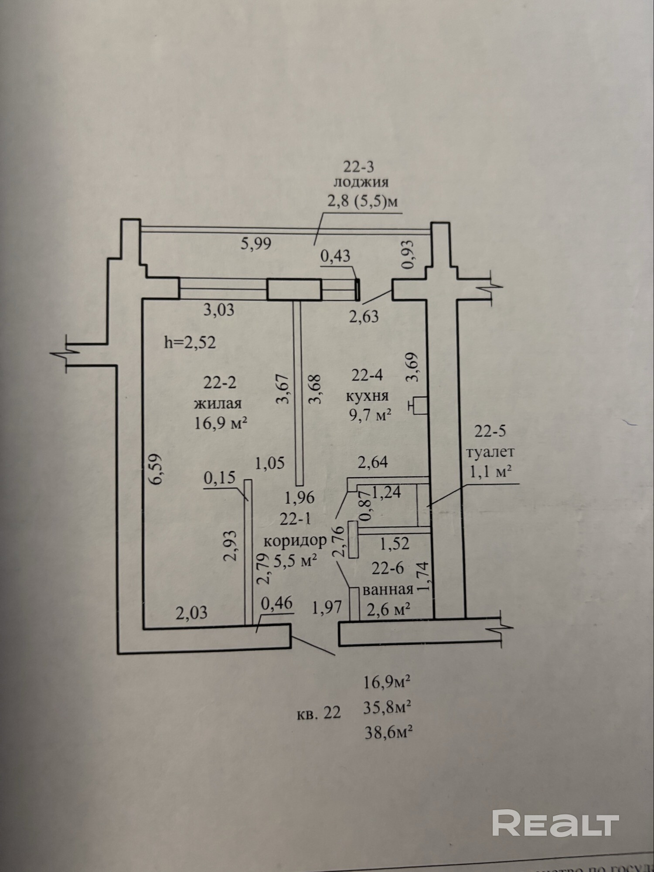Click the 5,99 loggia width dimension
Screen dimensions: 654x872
click(x=256, y=243)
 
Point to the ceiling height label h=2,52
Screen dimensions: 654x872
click(x=190, y=342)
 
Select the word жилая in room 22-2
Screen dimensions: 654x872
click(x=218, y=403)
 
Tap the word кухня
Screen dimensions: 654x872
click(x=367, y=396)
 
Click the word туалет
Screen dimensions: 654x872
click(x=490, y=452)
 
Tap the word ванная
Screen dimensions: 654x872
click(x=388, y=589)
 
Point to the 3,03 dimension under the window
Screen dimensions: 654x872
click(x=219, y=310)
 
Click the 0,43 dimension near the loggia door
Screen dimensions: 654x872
click(x=335, y=256)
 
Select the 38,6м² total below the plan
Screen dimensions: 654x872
click(x=388, y=733)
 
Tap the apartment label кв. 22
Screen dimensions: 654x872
click(x=319, y=713)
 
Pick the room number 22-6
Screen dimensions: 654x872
click(x=388, y=569)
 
